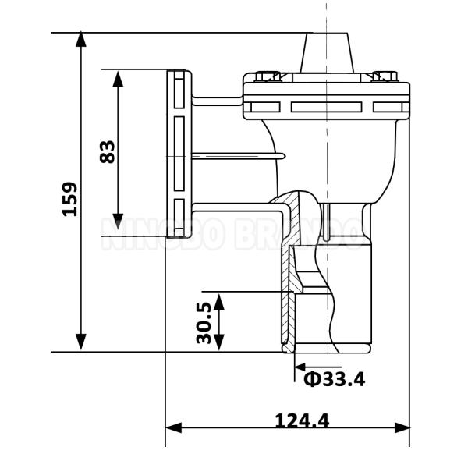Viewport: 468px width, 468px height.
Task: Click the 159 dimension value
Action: click(x=70, y=199)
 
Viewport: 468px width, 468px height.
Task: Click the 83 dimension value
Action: click(x=108, y=151)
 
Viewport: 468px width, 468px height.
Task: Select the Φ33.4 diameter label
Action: click(x=333, y=379)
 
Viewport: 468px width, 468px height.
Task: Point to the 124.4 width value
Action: click(x=302, y=420)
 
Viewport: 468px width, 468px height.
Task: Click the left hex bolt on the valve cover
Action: click(x=268, y=76)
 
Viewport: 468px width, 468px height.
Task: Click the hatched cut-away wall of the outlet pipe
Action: click(x=285, y=296)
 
